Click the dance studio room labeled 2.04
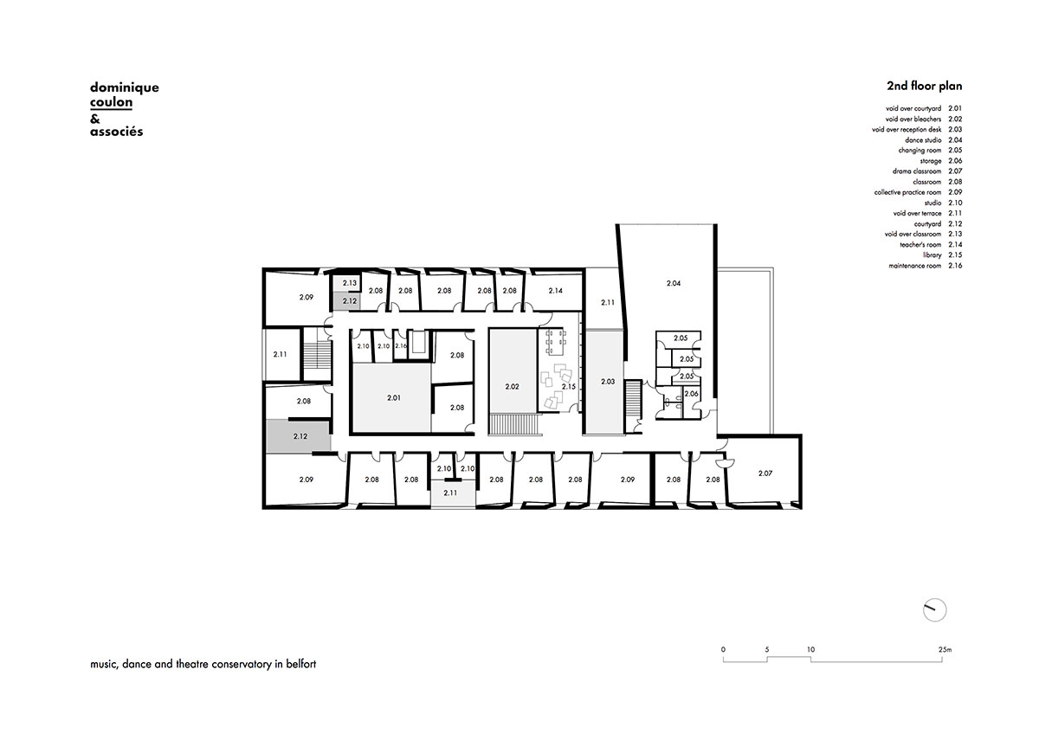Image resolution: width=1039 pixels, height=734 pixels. [x=674, y=283]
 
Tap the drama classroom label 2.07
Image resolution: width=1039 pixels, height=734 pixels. [x=765, y=473]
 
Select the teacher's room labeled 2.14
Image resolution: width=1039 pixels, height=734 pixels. [x=555, y=291]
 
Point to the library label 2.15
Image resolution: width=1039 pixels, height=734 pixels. [x=569, y=386]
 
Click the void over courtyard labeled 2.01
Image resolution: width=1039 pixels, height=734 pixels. [x=394, y=398]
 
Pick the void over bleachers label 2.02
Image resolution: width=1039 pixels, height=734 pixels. [x=512, y=386]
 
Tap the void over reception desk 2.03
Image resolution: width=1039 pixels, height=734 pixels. [x=608, y=382]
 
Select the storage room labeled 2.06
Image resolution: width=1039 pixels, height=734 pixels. [x=691, y=394]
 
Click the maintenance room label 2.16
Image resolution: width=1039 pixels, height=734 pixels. [x=401, y=346]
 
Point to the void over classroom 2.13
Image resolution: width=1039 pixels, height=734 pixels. [x=350, y=283]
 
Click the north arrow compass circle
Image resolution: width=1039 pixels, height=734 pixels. [x=934, y=609]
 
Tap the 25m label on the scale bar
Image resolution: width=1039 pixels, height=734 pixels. [x=945, y=650]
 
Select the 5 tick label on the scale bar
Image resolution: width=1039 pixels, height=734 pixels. [x=767, y=650]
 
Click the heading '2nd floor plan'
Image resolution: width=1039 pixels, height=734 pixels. [x=925, y=86]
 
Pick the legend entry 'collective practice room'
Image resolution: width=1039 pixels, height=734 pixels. [x=907, y=192]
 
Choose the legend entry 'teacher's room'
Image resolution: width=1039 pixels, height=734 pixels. [x=920, y=245]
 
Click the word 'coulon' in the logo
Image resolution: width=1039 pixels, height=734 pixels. [x=112, y=102]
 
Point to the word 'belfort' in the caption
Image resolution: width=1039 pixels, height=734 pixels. [x=301, y=664]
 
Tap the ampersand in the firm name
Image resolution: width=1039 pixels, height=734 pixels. [x=95, y=119]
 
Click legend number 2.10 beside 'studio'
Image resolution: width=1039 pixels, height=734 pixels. [x=955, y=203]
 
